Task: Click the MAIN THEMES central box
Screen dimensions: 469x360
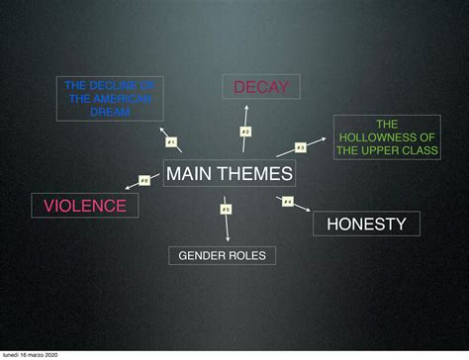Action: point(230,174)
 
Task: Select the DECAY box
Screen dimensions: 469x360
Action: point(261,88)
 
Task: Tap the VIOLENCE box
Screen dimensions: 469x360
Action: point(85,206)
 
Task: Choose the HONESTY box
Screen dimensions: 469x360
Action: point(366,224)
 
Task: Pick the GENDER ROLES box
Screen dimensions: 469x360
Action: point(222,256)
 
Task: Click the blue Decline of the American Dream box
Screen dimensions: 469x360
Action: point(110,99)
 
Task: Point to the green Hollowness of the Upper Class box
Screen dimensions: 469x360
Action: point(386,137)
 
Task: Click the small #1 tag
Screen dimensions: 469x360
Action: point(170,142)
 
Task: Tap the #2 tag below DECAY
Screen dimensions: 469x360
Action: point(245,131)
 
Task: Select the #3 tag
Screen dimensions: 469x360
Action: point(300,147)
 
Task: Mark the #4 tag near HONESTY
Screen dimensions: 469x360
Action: point(287,202)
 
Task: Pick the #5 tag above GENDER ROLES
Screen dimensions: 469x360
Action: point(226,209)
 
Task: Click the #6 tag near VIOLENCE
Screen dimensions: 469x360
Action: point(143,180)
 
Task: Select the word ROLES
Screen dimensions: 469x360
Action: point(246,256)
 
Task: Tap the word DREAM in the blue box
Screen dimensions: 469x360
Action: point(110,112)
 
